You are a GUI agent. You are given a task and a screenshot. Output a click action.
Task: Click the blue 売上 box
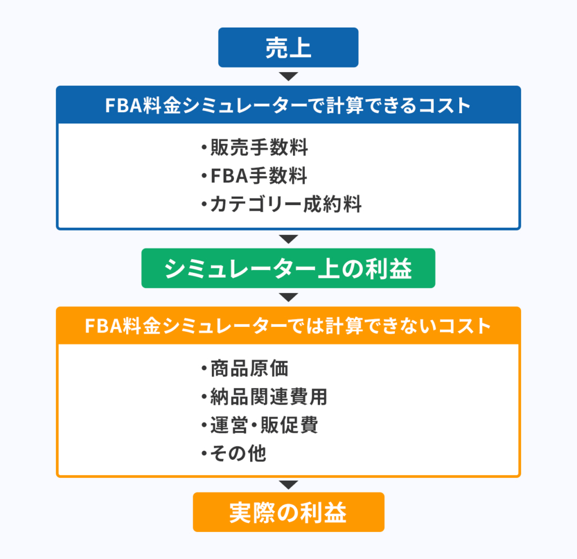(288, 47)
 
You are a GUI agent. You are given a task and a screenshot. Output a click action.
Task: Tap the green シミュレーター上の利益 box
(288, 268)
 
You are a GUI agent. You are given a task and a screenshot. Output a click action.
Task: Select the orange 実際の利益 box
(288, 512)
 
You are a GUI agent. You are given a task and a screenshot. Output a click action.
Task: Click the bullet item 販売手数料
(255, 148)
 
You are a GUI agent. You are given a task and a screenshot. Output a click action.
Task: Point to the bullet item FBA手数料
(254, 176)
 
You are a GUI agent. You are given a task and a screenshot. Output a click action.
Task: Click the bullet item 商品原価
(245, 369)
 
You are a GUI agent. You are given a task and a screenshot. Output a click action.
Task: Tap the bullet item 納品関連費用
(264, 397)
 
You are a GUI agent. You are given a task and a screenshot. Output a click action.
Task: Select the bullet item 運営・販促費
(259, 425)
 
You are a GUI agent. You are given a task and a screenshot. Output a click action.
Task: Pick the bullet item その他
(234, 453)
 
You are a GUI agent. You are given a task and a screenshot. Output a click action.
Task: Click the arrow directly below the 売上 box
(288, 77)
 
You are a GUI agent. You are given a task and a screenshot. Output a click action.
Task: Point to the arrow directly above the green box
(288, 239)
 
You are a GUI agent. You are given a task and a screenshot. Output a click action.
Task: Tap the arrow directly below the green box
(288, 298)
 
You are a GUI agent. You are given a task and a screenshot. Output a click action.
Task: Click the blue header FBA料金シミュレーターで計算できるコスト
(288, 105)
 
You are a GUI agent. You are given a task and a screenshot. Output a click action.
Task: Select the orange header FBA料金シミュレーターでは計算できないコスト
(288, 326)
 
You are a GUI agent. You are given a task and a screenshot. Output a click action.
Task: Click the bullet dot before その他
(204, 454)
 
